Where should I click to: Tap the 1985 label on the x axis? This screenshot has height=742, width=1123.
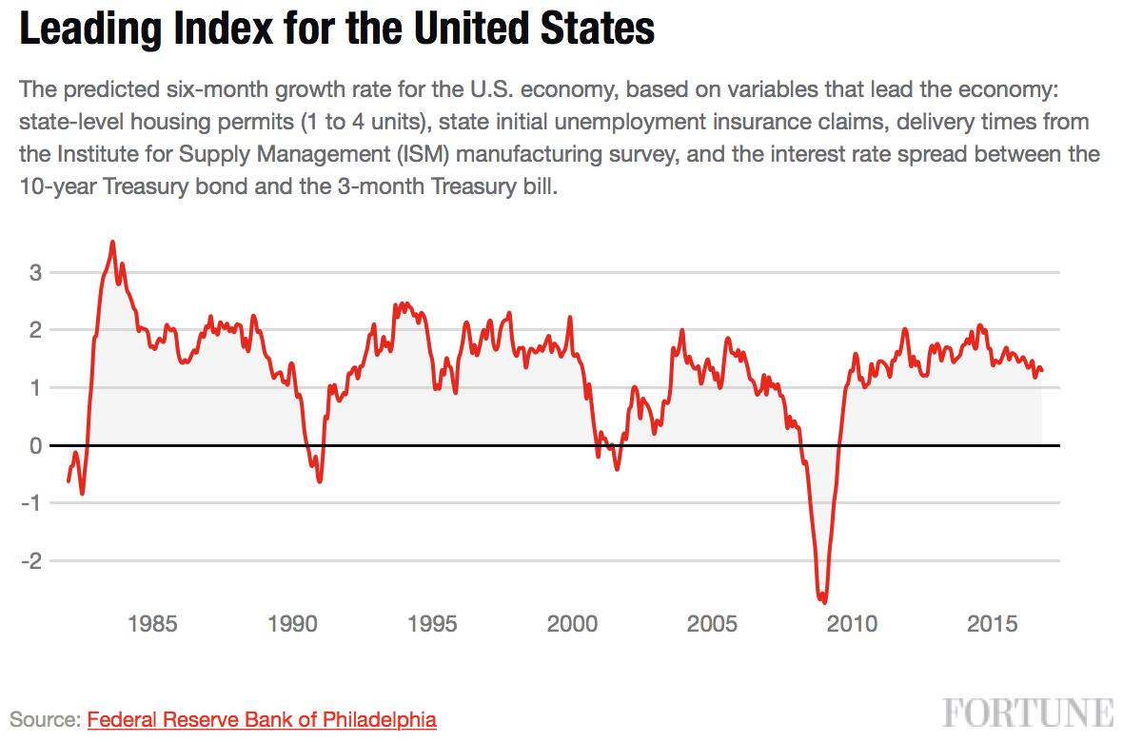click(152, 624)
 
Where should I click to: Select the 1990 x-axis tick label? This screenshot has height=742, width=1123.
click(292, 624)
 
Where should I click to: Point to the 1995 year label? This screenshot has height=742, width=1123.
click(432, 624)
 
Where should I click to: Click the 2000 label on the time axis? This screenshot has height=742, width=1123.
click(572, 624)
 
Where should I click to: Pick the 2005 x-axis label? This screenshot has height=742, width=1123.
click(712, 624)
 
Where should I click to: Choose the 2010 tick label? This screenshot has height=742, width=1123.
click(853, 624)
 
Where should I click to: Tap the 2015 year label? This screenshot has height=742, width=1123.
click(992, 624)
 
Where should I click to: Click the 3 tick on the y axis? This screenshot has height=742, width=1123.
click(35, 273)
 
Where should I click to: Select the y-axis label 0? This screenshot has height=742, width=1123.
click(35, 445)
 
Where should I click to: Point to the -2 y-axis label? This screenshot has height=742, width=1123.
click(31, 561)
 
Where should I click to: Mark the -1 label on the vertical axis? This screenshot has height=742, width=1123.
click(31, 503)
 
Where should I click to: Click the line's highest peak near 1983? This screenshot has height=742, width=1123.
click(112, 242)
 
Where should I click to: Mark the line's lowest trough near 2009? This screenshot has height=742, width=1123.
click(823, 601)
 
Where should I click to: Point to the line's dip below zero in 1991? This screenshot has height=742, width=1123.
click(320, 480)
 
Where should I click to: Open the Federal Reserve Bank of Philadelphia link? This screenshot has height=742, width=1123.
click(262, 719)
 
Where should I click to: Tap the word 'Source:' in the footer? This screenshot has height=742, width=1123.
click(45, 719)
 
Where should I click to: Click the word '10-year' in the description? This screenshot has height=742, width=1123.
click(58, 187)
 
